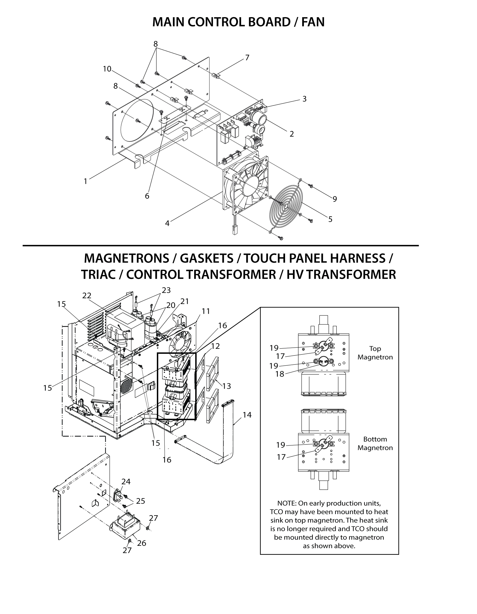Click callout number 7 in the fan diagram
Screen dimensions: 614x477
pyautogui.click(x=247, y=58)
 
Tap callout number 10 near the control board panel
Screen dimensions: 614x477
pyautogui.click(x=107, y=69)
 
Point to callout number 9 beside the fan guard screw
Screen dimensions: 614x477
pyautogui.click(x=334, y=199)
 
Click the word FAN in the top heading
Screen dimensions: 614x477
pyautogui.click(x=313, y=22)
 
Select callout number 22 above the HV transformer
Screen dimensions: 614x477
pyautogui.click(x=87, y=295)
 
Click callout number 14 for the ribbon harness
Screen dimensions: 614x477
pyautogui.click(x=247, y=415)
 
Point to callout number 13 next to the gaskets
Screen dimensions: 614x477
pyautogui.click(x=226, y=386)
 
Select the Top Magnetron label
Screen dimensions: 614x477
pyautogui.click(x=375, y=353)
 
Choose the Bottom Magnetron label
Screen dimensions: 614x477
pyautogui.click(x=375, y=443)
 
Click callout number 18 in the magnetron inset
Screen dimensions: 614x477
pyautogui.click(x=280, y=374)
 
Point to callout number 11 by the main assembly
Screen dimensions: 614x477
pyautogui.click(x=206, y=311)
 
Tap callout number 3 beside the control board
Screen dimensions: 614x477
pyautogui.click(x=304, y=99)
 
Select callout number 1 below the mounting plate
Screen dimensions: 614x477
pyautogui.click(x=86, y=181)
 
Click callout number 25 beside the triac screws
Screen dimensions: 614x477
pyautogui.click(x=141, y=501)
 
